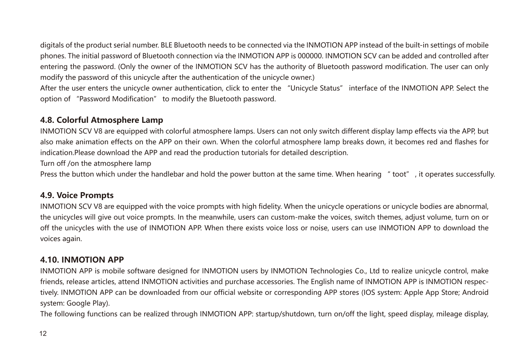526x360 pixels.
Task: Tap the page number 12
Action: (43, 334)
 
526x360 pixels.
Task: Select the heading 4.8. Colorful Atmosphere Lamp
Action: (102, 120)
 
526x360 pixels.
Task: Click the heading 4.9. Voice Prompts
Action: (77, 195)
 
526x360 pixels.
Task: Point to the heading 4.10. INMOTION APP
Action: (82, 260)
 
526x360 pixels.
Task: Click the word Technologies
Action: (330, 271)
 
